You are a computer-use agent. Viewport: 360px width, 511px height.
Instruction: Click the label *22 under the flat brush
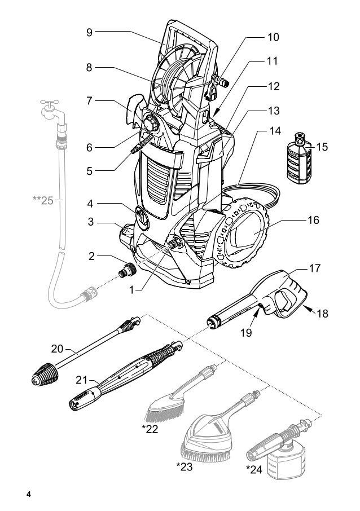[x=150, y=430]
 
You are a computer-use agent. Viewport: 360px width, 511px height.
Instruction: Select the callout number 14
[x=274, y=130]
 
